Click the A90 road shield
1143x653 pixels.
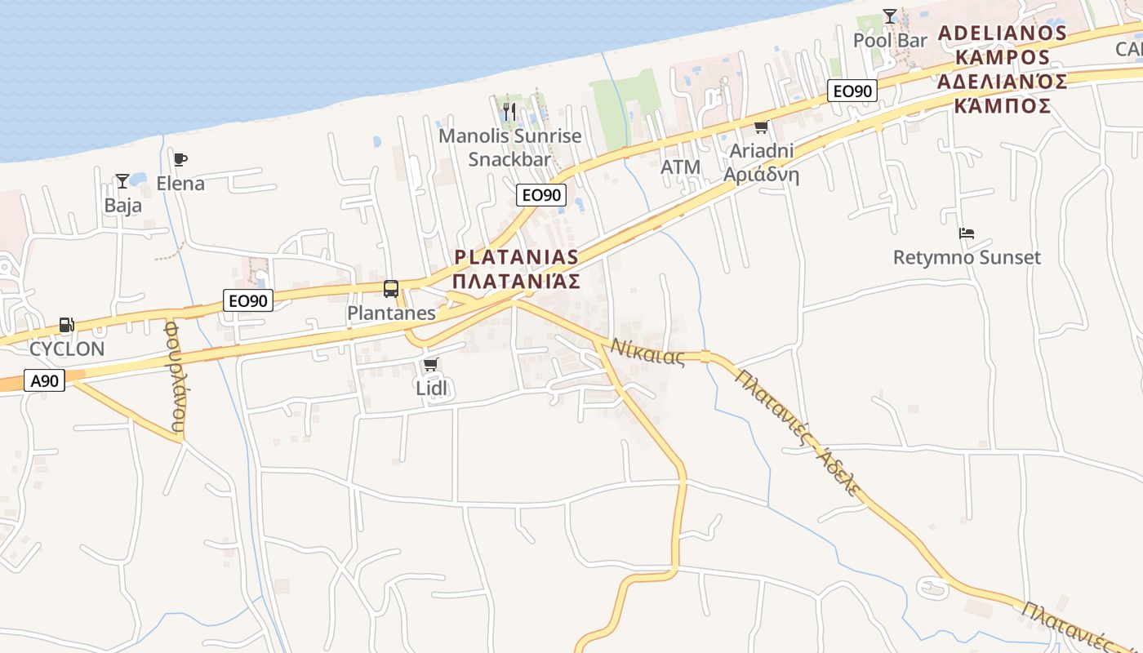[44, 380]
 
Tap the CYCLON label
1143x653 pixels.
[67, 349]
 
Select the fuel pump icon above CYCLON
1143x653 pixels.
[66, 325]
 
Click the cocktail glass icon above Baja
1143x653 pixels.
[122, 180]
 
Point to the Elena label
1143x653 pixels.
[180, 184]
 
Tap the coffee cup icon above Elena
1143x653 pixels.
[180, 159]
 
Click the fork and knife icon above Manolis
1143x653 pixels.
[510, 110]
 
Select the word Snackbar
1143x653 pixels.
[509, 159]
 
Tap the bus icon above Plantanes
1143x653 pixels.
[391, 288]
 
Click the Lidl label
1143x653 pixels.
[432, 389]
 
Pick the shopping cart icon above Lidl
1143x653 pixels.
[431, 364]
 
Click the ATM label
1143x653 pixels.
[680, 167]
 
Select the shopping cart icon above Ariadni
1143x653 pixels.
[762, 127]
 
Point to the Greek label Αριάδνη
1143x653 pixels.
[761, 175]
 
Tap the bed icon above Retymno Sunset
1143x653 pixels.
[967, 233]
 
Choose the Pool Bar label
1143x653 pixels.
[890, 40]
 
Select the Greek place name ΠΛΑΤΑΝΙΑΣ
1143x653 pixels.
[516, 282]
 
